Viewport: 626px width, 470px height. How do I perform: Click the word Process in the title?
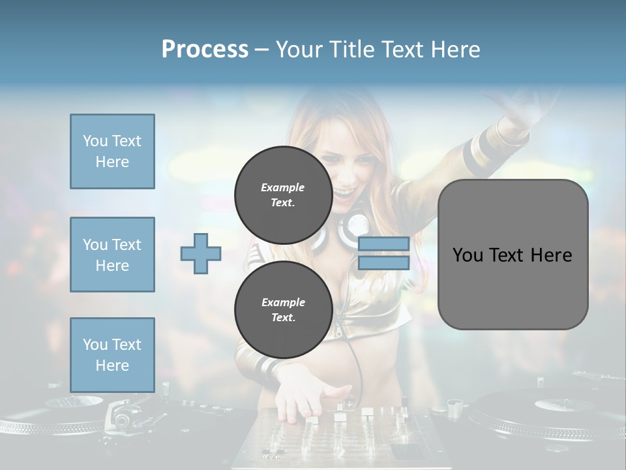click(205, 49)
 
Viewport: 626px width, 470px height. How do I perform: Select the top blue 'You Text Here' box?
click(112, 151)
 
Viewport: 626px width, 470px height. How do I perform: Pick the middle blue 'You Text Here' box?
click(112, 255)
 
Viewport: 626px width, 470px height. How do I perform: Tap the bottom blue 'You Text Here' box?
click(112, 354)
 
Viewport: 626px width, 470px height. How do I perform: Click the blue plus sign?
click(201, 253)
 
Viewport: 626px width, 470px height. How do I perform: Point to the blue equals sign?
click(383, 253)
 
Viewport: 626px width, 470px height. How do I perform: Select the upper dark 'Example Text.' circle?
click(283, 195)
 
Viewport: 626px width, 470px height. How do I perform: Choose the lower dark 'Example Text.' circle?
click(283, 309)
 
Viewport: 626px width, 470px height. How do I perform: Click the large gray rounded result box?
click(513, 255)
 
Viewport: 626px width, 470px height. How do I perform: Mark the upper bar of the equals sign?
click(383, 244)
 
